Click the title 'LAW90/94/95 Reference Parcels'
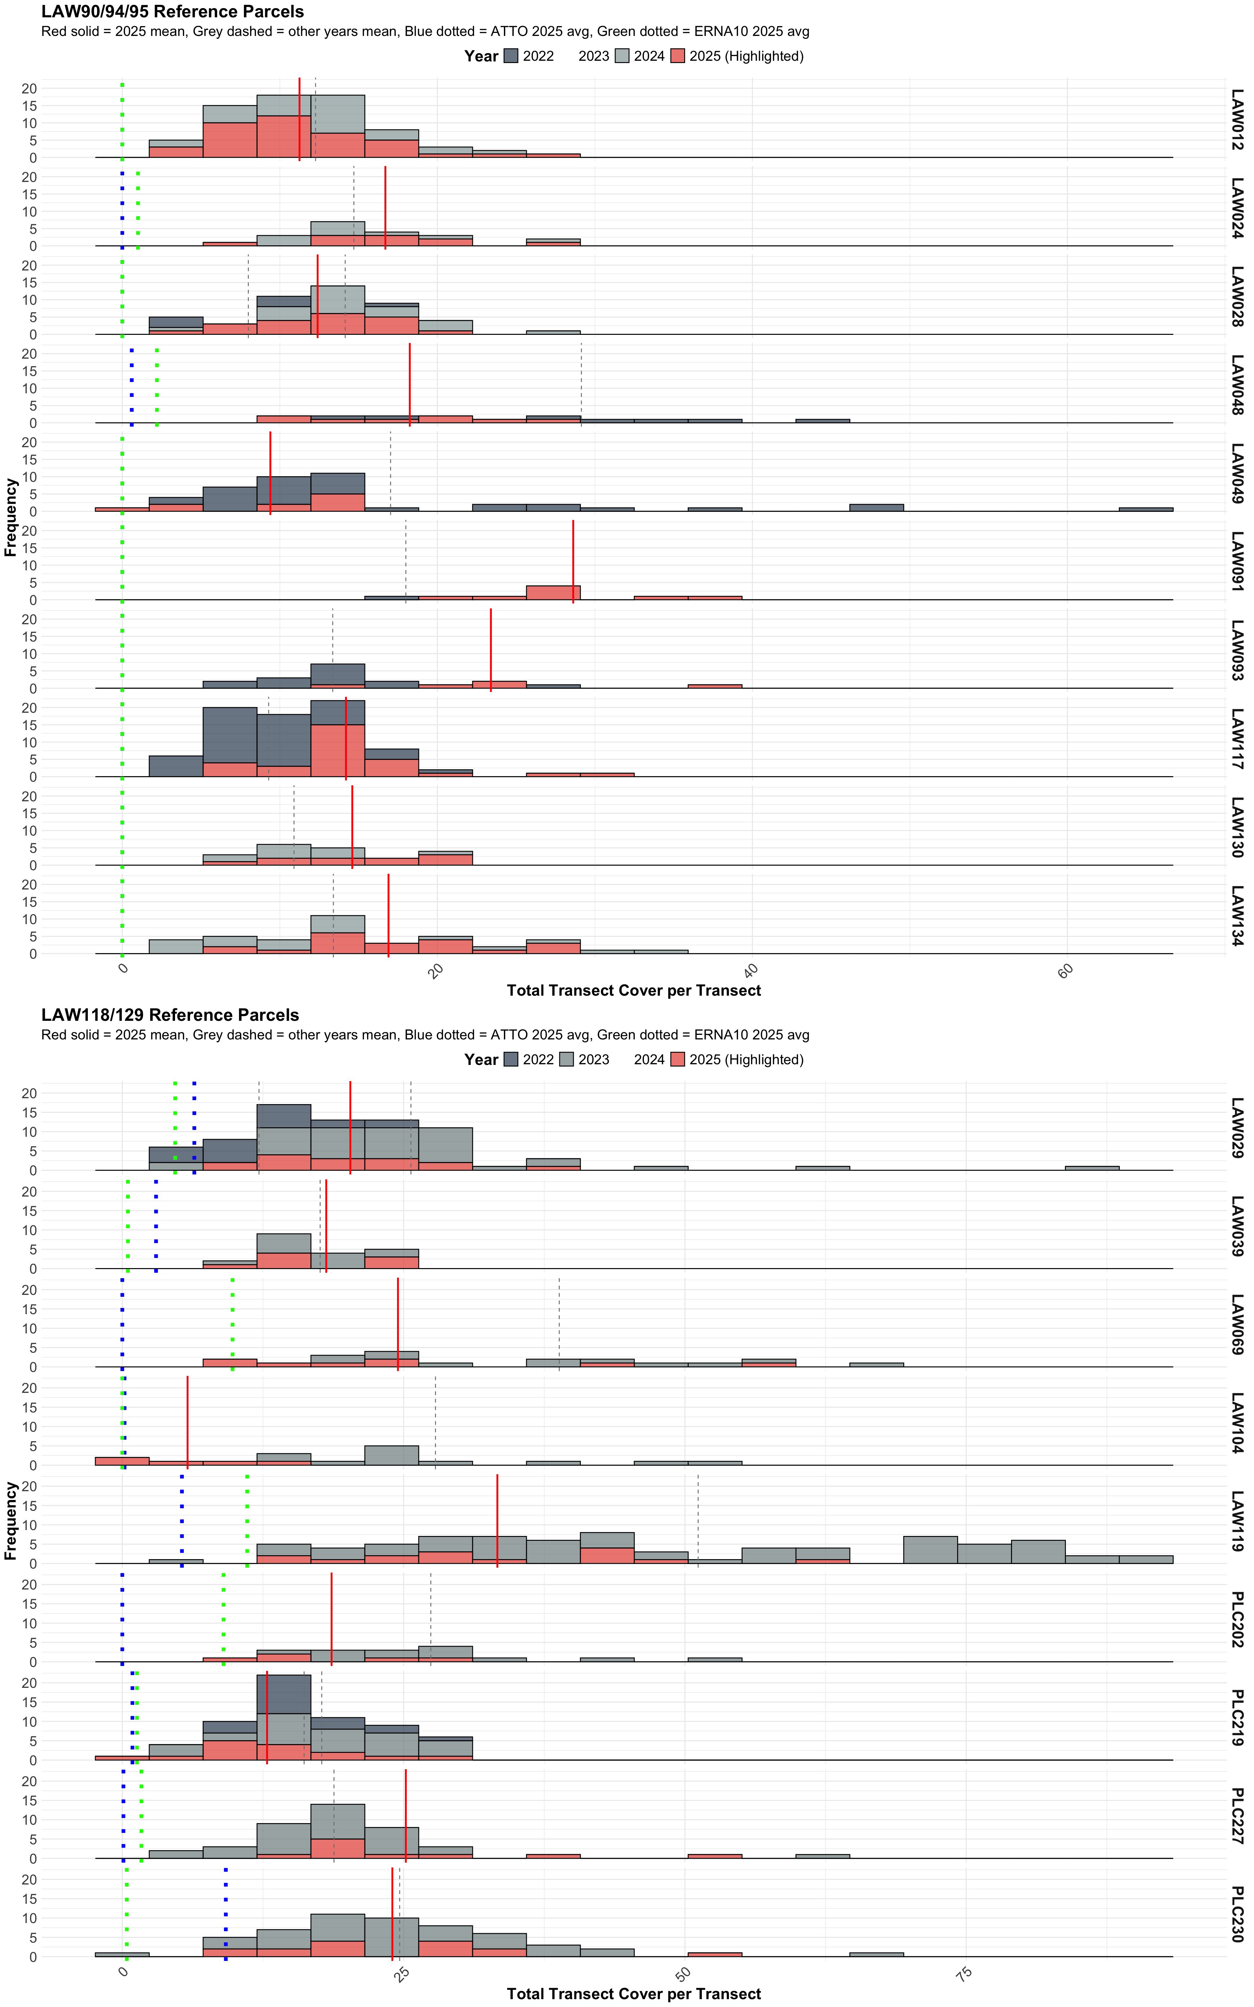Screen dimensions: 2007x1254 [x=172, y=12]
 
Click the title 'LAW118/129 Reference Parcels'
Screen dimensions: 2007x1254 [x=170, y=1015]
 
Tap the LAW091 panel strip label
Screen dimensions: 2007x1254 [x=1237, y=562]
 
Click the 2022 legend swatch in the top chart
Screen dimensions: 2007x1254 [x=511, y=57]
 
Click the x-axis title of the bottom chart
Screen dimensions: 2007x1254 [x=634, y=1994]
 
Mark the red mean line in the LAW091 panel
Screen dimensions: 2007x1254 [x=573, y=560]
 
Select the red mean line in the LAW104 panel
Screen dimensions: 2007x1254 [x=187, y=1422]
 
